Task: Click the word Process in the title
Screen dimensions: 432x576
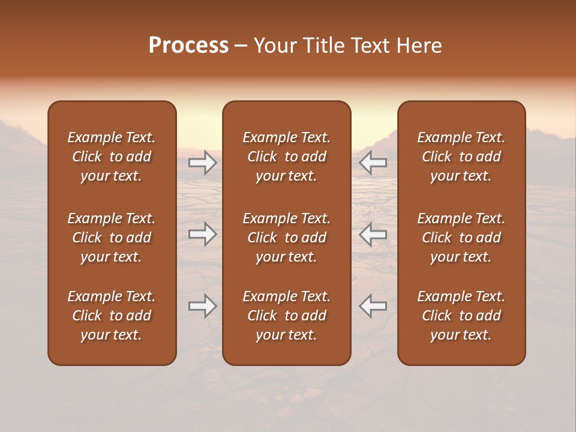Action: (188, 46)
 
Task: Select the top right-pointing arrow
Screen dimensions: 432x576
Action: (203, 162)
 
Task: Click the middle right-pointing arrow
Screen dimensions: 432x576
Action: (203, 234)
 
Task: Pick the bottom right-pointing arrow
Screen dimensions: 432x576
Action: (203, 306)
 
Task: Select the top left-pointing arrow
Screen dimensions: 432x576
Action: (373, 162)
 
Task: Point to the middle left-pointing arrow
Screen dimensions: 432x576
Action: (373, 234)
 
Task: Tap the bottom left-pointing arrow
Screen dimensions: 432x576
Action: (373, 306)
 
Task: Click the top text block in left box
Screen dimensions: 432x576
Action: (112, 157)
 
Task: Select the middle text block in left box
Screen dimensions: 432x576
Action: (112, 238)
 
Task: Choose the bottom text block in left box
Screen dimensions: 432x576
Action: (112, 316)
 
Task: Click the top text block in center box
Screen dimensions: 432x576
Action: (286, 157)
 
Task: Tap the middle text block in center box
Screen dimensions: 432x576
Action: (286, 238)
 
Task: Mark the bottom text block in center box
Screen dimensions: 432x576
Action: (286, 316)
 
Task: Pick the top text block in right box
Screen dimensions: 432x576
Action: (461, 157)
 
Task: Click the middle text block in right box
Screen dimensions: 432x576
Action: (461, 238)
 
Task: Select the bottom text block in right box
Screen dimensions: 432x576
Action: (461, 316)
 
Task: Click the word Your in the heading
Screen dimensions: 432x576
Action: (274, 46)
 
